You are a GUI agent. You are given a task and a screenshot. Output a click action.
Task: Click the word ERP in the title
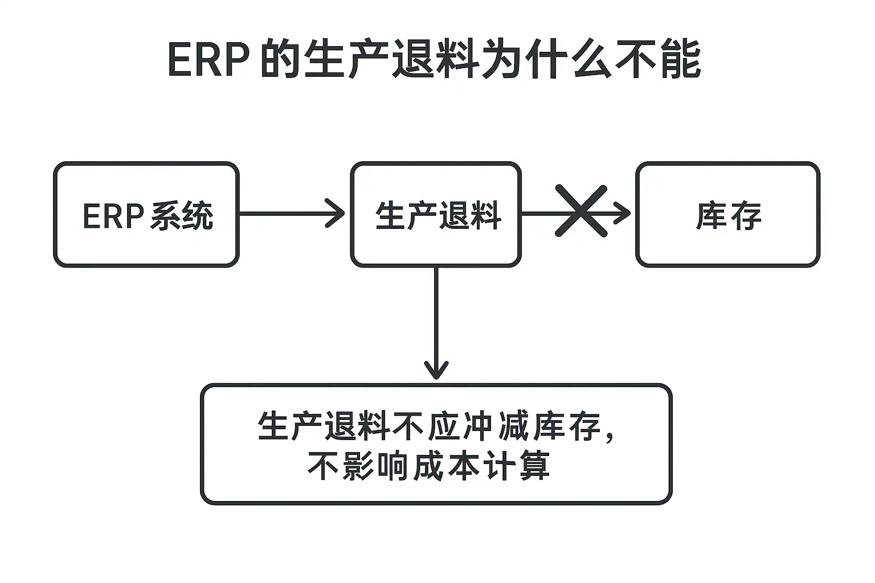[208, 59]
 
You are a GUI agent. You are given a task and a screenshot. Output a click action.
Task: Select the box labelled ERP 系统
[146, 215]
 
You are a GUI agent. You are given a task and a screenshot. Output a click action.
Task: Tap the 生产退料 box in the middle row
[436, 215]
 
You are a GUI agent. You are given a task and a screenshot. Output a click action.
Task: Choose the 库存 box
[727, 215]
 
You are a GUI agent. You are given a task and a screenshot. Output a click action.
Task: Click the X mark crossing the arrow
[581, 211]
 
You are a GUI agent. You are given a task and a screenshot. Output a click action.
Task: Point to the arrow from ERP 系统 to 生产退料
[292, 213]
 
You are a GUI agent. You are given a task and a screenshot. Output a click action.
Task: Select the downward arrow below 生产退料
[436, 323]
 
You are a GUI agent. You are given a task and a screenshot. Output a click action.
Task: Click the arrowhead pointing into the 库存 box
[622, 213]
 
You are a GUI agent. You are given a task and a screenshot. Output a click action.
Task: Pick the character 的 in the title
[280, 59]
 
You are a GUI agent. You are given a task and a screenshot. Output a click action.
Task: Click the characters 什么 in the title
[568, 59]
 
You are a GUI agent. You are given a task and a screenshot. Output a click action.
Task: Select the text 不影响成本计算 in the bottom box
[429, 466]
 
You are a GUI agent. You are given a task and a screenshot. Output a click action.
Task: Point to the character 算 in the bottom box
[535, 466]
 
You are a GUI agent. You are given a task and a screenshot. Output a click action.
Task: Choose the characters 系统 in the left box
[182, 216]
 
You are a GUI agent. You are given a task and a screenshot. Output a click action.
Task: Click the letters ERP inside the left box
[114, 216]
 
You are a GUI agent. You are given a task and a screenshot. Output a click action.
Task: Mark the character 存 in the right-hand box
[746, 216]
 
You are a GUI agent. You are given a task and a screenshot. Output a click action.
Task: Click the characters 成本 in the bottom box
[445, 466]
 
